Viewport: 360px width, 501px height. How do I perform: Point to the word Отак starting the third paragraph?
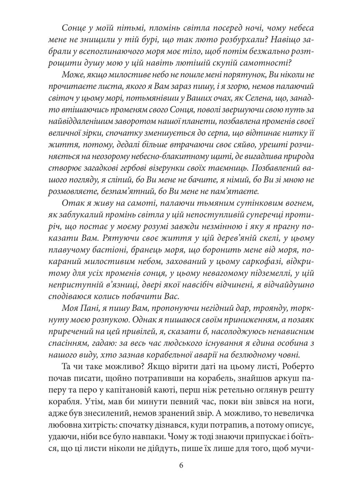71,202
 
